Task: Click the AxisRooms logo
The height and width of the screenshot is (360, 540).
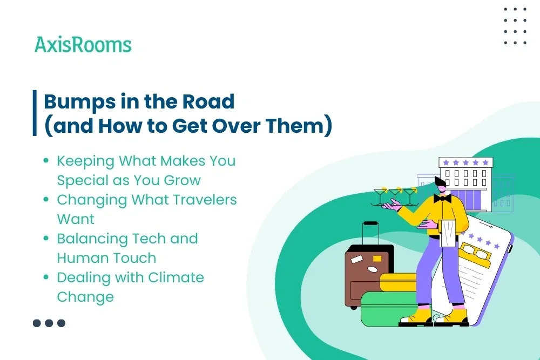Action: (x=83, y=44)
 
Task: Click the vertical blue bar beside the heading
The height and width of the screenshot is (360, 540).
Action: (x=35, y=113)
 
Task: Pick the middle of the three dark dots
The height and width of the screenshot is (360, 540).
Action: (x=49, y=323)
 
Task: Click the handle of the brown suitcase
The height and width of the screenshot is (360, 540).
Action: (x=370, y=232)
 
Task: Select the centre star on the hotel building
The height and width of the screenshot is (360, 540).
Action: (x=465, y=162)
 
